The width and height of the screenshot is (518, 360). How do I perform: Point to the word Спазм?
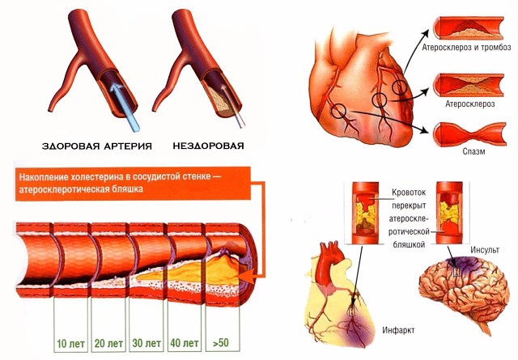tap(465, 150)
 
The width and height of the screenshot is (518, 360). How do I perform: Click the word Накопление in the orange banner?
tap(49, 177)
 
